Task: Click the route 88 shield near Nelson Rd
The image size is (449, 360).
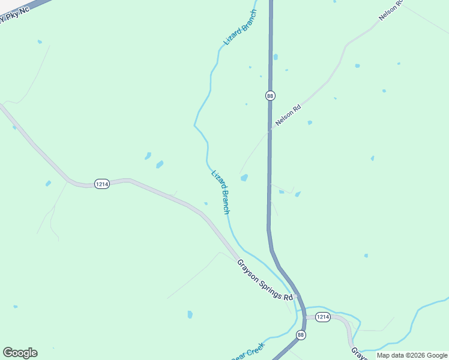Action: tap(270, 95)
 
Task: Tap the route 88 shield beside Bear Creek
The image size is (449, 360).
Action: tap(301, 335)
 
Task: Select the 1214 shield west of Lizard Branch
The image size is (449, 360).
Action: tap(101, 184)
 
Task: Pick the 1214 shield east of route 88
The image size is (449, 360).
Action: tap(322, 317)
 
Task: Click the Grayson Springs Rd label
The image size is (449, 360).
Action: tap(265, 280)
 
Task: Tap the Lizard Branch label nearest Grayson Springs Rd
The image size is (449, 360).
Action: tap(220, 192)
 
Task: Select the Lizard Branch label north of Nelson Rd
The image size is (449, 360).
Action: tap(240, 28)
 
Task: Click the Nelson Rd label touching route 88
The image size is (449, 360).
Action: tap(288, 115)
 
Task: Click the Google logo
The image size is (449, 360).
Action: tap(20, 353)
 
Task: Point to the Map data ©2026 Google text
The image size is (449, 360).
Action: tap(412, 355)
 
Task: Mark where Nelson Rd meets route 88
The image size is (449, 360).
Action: tap(270, 130)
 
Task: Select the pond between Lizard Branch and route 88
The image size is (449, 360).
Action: tap(244, 178)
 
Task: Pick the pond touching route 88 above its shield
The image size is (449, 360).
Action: tap(276, 58)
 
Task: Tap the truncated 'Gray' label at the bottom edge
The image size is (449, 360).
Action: tap(358, 353)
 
